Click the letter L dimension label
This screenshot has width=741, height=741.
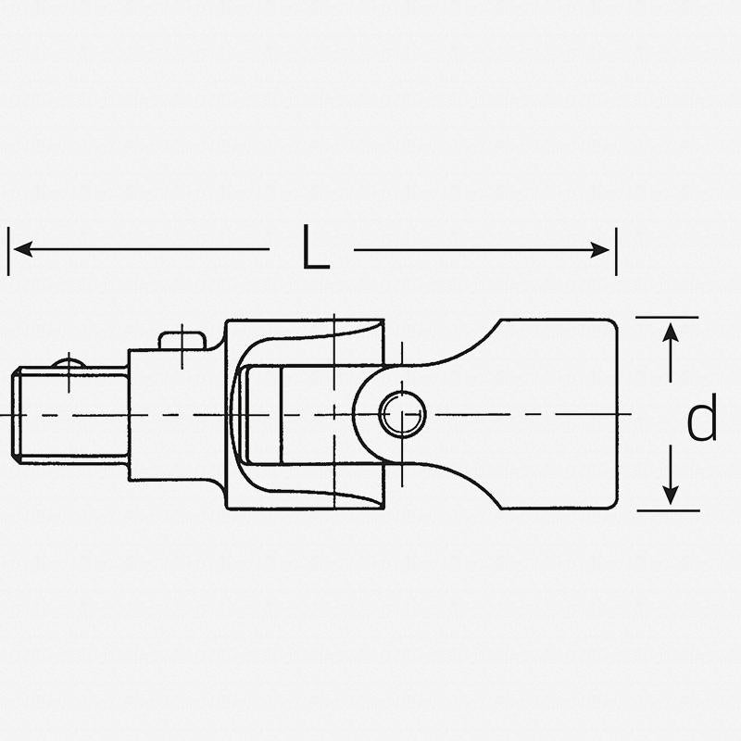[x=316, y=248]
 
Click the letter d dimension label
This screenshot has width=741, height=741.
[x=701, y=421]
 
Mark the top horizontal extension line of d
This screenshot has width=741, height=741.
[x=667, y=318]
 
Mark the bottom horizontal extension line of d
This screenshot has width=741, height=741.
[x=667, y=509]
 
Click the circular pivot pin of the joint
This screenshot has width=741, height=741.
[x=404, y=412]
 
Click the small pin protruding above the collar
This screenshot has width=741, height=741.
[x=182, y=340]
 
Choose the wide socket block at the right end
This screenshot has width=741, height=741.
[x=556, y=413]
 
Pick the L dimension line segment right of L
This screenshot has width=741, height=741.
[x=472, y=248]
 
